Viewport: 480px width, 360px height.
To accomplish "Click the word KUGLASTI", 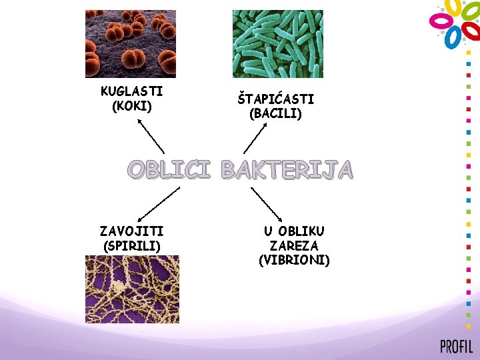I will [132, 91].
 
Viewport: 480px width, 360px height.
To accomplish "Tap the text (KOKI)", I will [133, 106].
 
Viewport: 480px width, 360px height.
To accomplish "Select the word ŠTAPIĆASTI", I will [275, 99].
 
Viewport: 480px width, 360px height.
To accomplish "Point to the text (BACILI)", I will [275, 114].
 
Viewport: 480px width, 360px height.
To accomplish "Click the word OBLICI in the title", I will [169, 171].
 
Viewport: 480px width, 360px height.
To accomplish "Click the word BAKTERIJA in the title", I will [287, 171].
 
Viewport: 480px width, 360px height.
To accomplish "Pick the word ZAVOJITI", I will [131, 231].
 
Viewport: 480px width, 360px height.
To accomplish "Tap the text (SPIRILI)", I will [132, 245].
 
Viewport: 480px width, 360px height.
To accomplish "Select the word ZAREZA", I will [294, 245].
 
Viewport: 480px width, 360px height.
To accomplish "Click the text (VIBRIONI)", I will [294, 260].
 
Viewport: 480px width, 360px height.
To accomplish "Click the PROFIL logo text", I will [456, 347].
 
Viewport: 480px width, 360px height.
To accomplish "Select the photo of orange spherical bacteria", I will [131, 43].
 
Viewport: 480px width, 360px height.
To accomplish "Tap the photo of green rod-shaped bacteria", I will [277, 43].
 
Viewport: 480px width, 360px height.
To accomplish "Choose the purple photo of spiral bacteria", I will [132, 289].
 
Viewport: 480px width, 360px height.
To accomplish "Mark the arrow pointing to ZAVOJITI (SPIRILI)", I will [158, 203].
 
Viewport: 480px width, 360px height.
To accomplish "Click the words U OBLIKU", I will [294, 231].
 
